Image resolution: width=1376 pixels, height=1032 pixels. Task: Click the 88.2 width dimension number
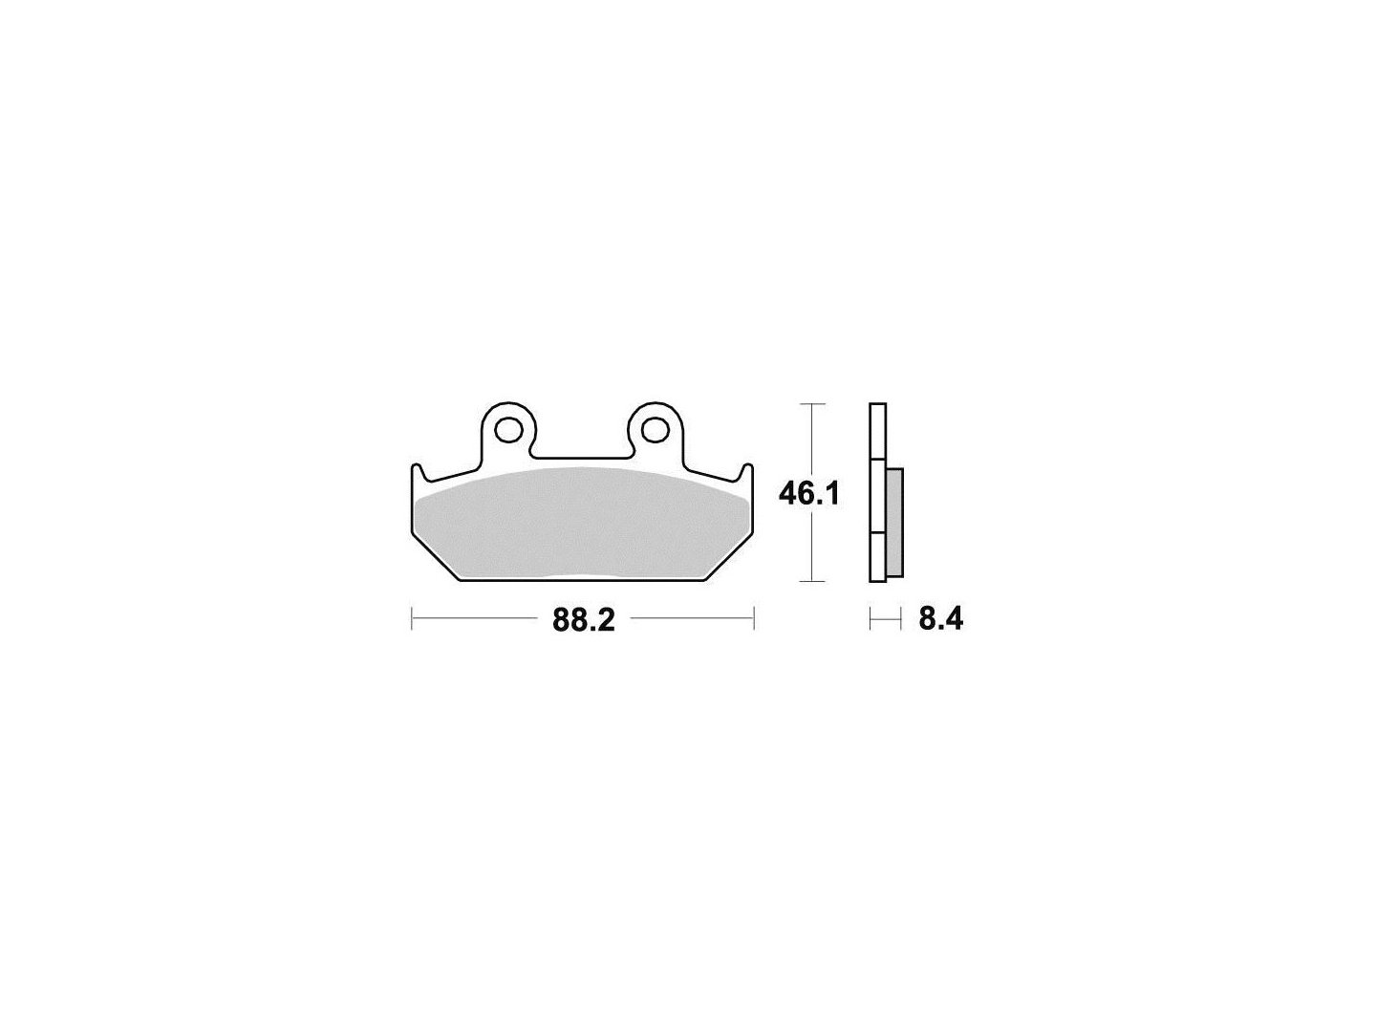[584, 620]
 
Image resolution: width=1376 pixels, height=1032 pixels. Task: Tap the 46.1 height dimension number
[808, 495]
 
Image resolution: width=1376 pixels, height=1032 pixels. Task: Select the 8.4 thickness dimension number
[940, 620]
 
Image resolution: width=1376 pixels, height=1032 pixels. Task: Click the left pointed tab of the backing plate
[418, 474]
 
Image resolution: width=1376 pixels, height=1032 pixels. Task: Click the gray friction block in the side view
[895, 522]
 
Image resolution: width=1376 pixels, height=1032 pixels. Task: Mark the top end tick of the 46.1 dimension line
[812, 404]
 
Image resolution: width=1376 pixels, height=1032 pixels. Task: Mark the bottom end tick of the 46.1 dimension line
[812, 581]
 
